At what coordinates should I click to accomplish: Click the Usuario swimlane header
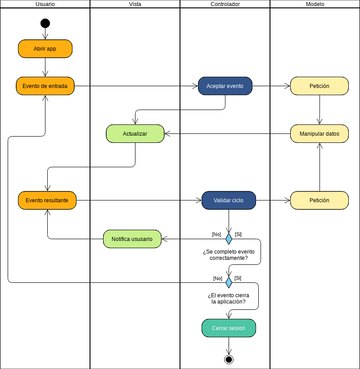pos(45,5)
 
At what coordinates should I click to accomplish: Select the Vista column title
pos(135,5)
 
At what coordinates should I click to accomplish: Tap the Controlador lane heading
pos(225,5)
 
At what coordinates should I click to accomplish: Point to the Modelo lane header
pos(314,5)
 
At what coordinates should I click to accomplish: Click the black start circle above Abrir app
pos(45,23)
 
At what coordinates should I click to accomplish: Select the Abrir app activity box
pos(45,47)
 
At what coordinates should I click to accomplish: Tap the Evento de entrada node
pos(45,86)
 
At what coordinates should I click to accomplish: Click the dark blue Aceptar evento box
pos(225,86)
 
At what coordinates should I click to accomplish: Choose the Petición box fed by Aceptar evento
pos(319,86)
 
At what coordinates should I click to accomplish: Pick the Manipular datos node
pos(319,133)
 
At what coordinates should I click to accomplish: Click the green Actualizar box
pos(135,133)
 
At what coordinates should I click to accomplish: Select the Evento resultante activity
pos(46,200)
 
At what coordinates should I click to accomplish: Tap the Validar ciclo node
pos(228,200)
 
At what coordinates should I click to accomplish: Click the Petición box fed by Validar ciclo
pos(319,200)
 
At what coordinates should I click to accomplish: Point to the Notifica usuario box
pos(132,238)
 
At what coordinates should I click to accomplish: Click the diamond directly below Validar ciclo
pos(228,239)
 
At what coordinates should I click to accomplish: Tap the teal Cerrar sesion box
pos(228,327)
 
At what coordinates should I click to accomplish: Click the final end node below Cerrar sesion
pos(228,358)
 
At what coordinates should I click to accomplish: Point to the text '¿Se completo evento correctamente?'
pos(228,257)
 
